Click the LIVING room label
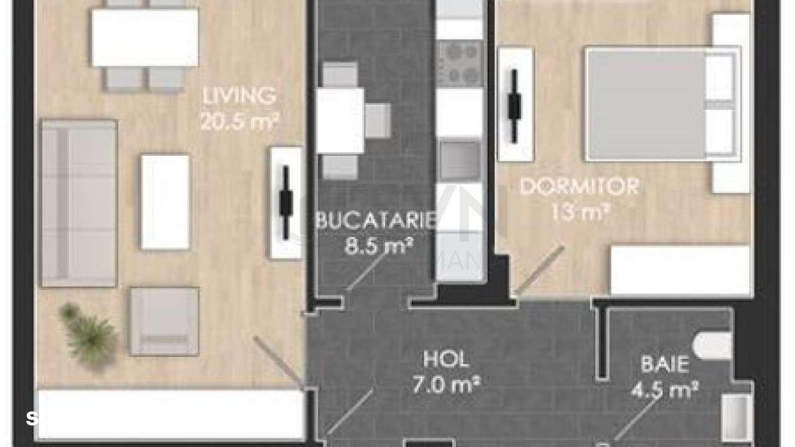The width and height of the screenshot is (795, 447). point(239,96)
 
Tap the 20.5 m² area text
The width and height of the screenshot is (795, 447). point(239,121)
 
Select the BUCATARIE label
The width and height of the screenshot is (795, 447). point(375,221)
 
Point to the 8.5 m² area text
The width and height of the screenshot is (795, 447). point(379,246)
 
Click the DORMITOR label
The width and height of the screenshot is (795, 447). point(579,186)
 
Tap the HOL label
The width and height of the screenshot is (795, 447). point(445,359)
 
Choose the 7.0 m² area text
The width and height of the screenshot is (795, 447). point(446,385)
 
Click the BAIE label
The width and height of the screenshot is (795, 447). point(665,364)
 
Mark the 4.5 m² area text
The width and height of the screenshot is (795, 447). point(665,390)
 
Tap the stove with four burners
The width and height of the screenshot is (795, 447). point(460,63)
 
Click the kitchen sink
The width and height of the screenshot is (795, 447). point(460,160)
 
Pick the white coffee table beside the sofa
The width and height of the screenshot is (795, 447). point(165,202)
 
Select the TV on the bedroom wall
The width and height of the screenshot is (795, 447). point(514,104)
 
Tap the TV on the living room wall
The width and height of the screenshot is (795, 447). point(286,202)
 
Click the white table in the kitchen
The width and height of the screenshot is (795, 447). point(340,120)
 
